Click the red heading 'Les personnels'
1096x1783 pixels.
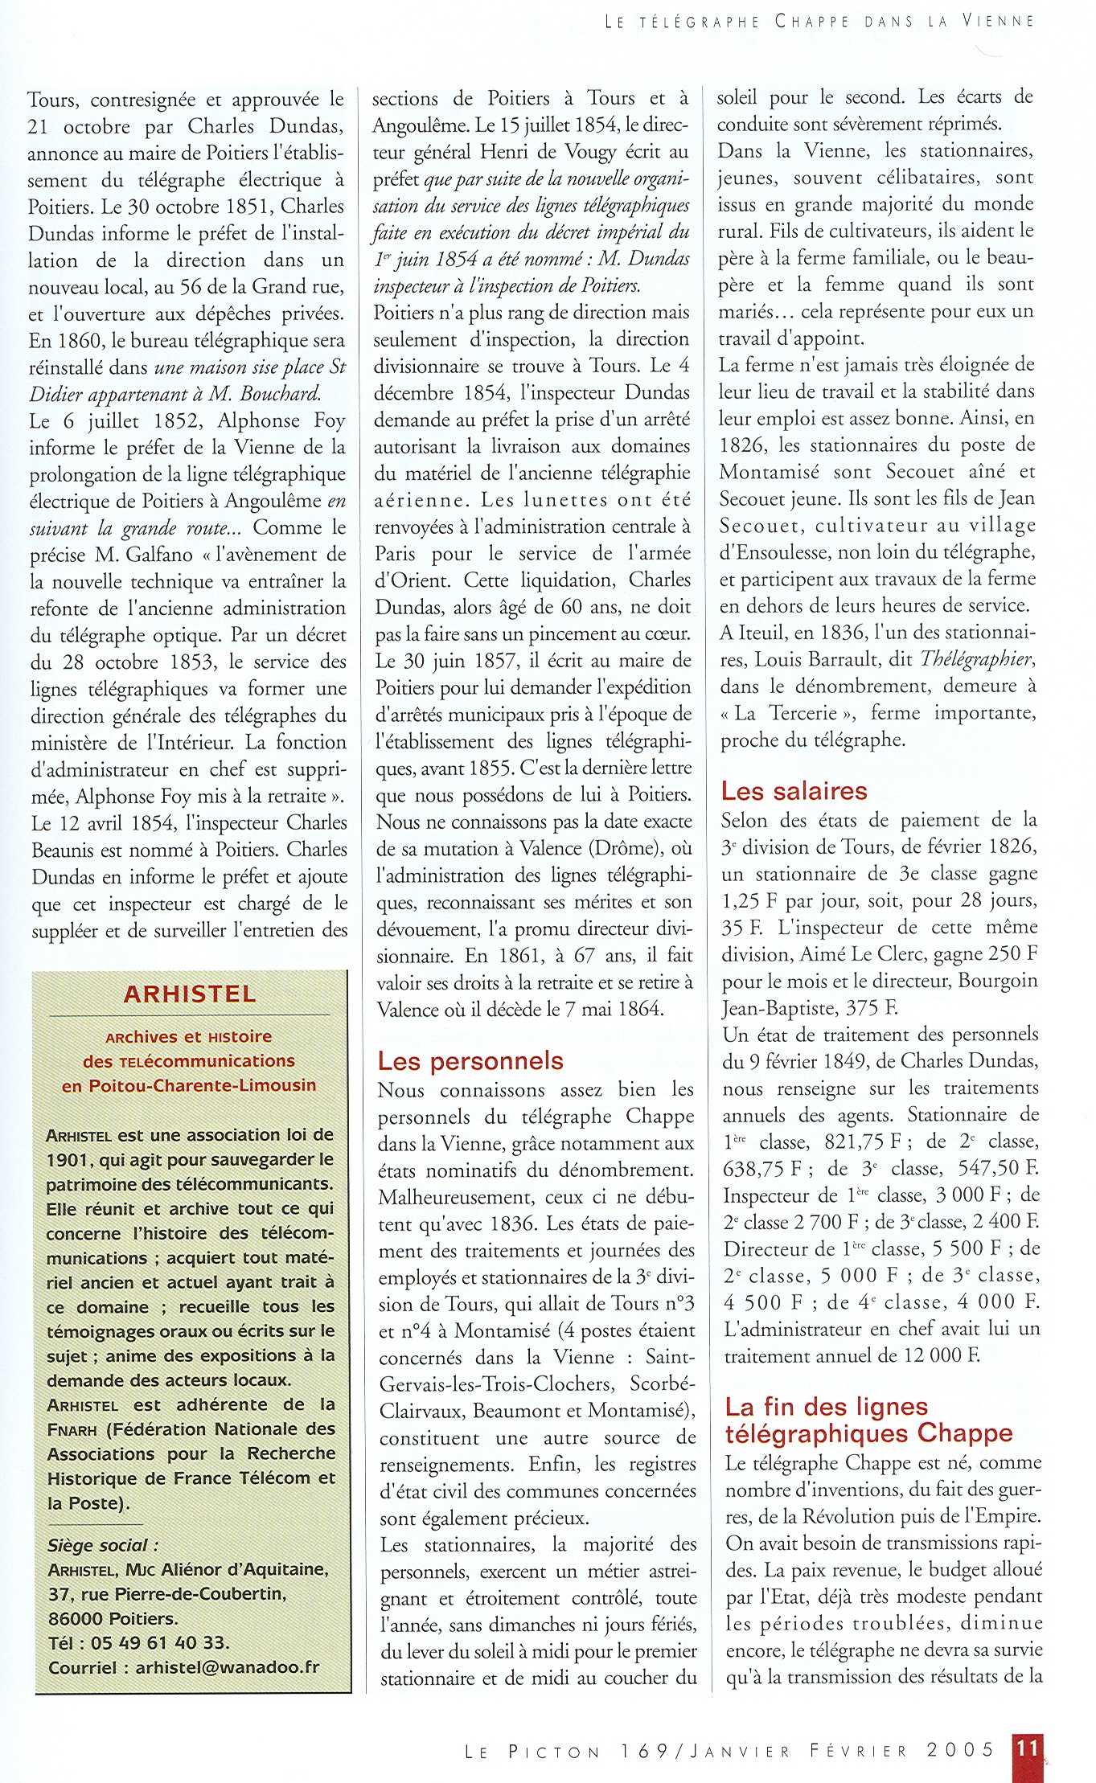470,1061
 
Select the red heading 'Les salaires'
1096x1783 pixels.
794,791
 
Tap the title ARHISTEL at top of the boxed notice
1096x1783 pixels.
190,994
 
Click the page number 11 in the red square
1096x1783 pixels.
1027,1748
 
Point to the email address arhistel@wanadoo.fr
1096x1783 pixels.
228,1667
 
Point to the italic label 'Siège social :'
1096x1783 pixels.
103,1545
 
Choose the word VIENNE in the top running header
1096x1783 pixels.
998,22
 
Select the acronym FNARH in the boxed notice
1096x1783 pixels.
72,1430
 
